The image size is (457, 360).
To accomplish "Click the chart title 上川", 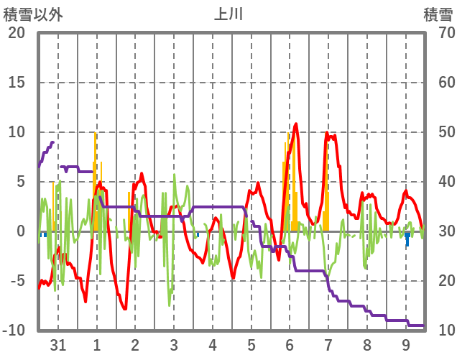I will [x=229, y=14].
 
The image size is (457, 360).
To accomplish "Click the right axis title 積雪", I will [x=437, y=14].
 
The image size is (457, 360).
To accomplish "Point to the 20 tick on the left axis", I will [x=17, y=33].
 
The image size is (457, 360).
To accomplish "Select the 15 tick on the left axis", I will [x=17, y=83].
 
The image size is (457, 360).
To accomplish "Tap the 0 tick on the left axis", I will [x=21, y=231].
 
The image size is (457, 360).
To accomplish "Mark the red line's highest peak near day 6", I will [x=295, y=124].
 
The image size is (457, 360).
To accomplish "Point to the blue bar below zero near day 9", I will [x=407, y=239].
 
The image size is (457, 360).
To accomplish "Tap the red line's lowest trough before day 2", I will [x=125, y=308].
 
